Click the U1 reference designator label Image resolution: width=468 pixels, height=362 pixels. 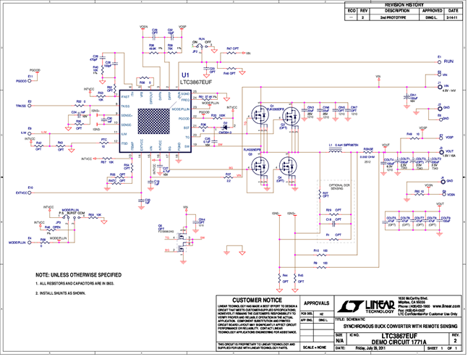click(x=185, y=75)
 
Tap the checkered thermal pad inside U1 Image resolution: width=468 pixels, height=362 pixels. click(x=153, y=118)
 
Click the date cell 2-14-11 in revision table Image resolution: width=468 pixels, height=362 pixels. click(x=452, y=17)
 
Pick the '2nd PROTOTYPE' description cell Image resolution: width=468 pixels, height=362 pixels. click(x=408, y=17)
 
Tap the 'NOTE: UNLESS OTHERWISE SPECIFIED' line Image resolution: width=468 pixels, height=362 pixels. click(x=69, y=274)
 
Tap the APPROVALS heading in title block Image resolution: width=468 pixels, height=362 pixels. click(x=317, y=304)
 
